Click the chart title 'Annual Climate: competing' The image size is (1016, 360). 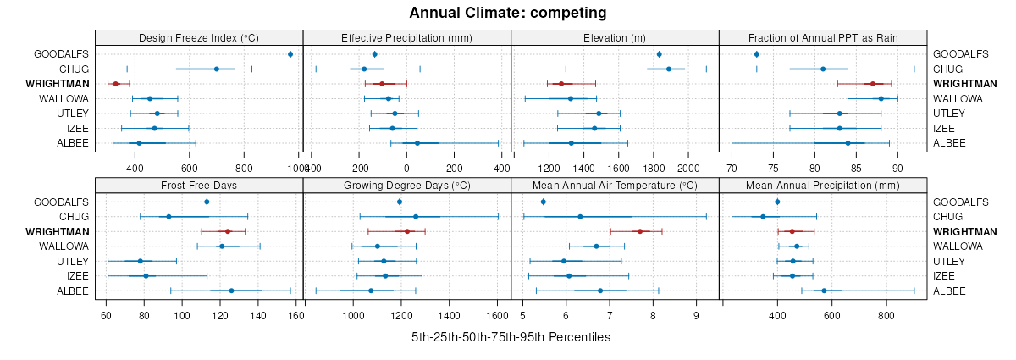click(507, 13)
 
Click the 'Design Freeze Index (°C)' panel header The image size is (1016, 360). click(198, 37)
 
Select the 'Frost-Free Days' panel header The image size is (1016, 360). click(198, 185)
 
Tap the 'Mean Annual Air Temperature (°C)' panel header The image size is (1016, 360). click(615, 185)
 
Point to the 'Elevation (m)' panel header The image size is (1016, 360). click(615, 37)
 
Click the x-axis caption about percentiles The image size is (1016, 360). click(511, 337)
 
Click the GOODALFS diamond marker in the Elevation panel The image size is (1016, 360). click(659, 54)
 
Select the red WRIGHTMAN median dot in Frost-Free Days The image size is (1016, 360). click(227, 231)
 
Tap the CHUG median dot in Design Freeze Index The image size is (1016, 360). click(217, 69)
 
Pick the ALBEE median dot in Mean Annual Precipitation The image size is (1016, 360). click(824, 291)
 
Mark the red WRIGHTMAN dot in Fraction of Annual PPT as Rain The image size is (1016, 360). click(872, 84)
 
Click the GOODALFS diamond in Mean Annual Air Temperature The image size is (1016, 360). click(543, 202)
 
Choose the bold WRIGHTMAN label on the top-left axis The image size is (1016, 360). click(54, 84)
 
